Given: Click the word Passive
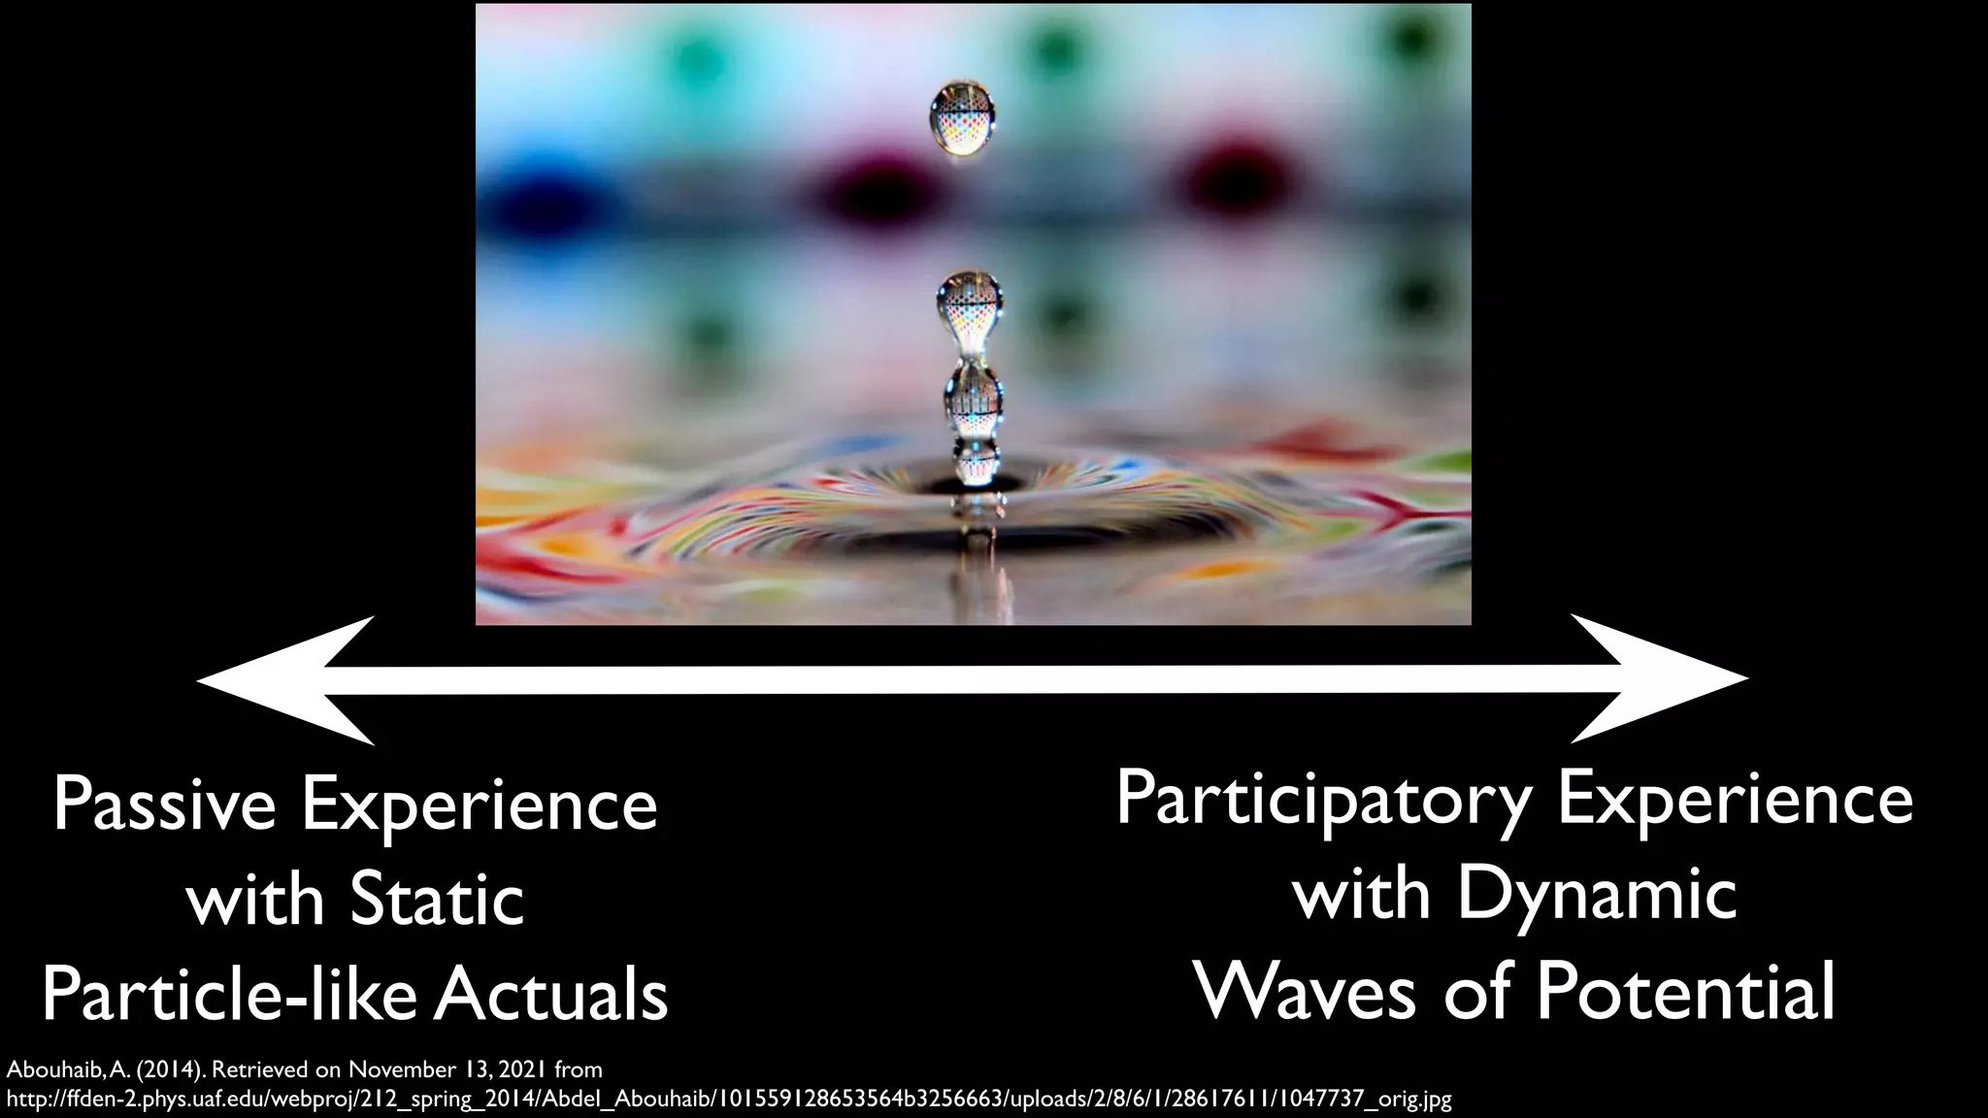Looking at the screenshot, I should [x=164, y=806].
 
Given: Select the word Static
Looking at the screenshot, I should [x=438, y=900].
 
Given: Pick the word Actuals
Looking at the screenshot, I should [x=550, y=995].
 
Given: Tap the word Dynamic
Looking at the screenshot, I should [x=1597, y=895].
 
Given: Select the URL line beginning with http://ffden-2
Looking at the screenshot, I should [x=728, y=1100].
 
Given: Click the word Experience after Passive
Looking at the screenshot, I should [x=480, y=806].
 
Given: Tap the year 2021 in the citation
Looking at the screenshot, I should [x=522, y=1070].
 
